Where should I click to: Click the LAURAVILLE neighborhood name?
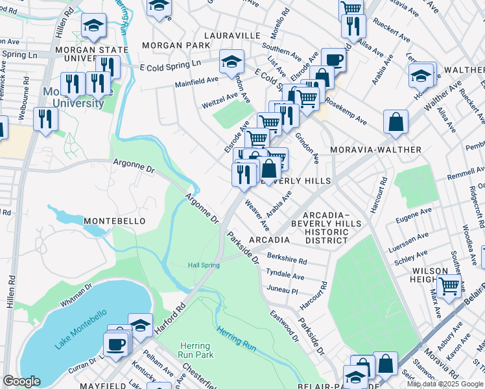tap(232, 35)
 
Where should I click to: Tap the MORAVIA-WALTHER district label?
tap(375, 150)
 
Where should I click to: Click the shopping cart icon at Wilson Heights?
tap(449, 285)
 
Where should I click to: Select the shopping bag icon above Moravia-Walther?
tap(396, 122)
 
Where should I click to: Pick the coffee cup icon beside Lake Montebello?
tap(116, 344)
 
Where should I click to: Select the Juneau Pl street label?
tap(281, 291)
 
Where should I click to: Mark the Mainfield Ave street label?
tap(196, 80)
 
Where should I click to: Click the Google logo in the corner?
tap(21, 381)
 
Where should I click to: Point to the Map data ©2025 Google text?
tap(445, 384)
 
